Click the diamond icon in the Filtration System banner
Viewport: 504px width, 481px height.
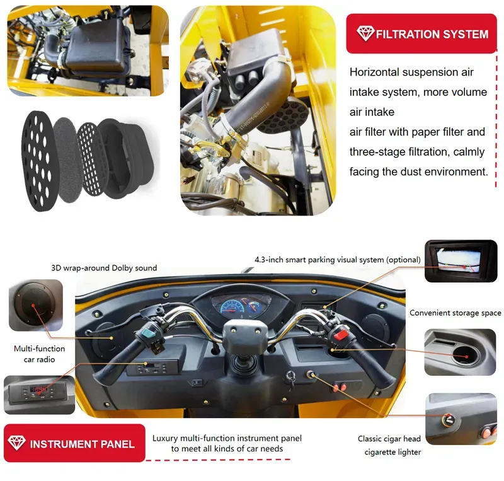365,33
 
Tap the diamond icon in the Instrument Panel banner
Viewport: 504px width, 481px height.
16,443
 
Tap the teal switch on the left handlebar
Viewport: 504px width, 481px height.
148,333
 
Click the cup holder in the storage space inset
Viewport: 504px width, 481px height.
466,356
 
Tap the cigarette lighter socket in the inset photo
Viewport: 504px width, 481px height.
448,419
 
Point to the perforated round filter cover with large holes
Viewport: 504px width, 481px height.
39,161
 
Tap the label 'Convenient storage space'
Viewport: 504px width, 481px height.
455,313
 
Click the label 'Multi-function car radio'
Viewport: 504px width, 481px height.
39,354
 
